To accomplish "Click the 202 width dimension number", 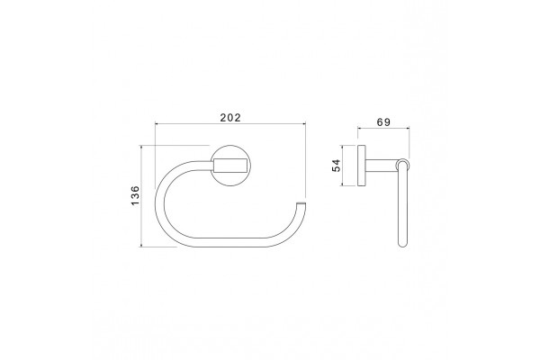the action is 230,118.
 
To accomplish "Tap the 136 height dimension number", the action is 135,195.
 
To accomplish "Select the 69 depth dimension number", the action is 383,122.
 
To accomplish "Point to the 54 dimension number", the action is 336,166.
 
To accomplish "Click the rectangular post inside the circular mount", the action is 230,166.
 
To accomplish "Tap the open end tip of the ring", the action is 301,202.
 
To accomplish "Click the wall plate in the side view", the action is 362,166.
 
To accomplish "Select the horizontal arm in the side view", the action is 382,166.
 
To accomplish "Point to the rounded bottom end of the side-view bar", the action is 402,244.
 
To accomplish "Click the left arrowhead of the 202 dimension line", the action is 157,123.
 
